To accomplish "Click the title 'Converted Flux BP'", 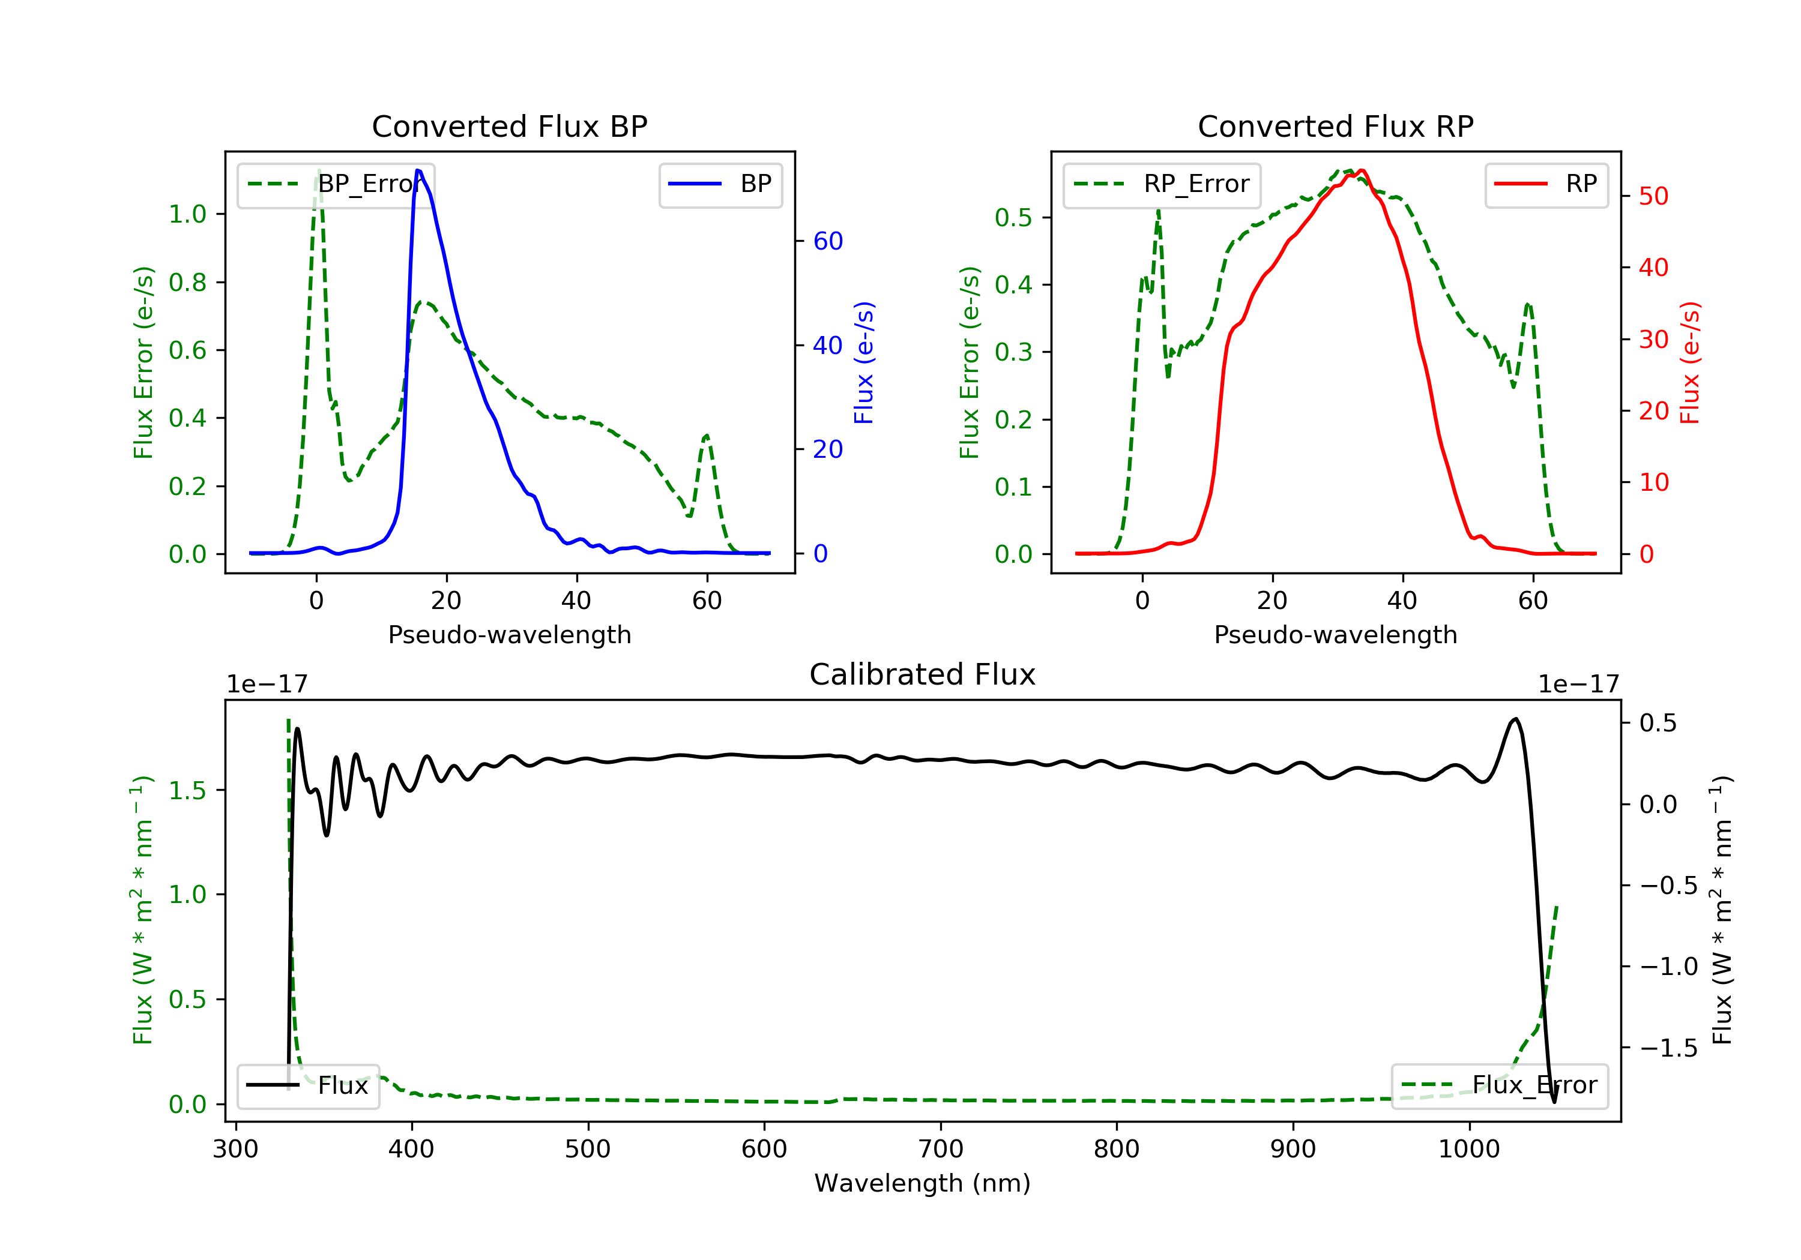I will coord(509,126).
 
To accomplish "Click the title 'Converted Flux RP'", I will coord(1335,126).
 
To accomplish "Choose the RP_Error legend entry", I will coord(1162,184).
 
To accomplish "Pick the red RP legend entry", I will coord(1546,184).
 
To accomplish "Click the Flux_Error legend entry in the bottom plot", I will coord(1500,1085).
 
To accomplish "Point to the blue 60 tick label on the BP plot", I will coord(827,241).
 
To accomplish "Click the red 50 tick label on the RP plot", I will coord(1653,196).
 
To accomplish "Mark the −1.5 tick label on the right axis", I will coord(1668,1048).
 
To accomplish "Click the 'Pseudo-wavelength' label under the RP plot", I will coord(1335,634).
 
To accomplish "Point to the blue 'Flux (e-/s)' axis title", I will coord(864,362).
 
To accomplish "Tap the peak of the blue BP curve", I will coord(419,170).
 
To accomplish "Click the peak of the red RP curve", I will coord(1362,170).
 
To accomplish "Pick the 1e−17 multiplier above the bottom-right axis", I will coord(1578,685).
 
